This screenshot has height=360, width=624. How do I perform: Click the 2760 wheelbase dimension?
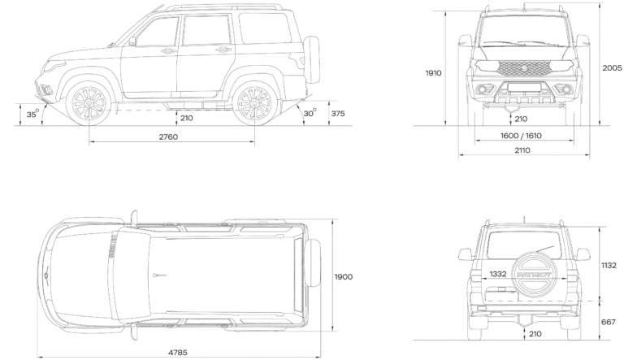point(168,137)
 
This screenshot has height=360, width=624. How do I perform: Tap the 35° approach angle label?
point(32,114)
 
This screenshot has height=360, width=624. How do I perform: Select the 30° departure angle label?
point(310,113)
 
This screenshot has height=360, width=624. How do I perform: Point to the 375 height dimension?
point(338,114)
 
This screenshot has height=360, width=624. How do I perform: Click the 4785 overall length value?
point(177,353)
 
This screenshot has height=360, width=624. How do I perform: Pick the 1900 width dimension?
point(344,277)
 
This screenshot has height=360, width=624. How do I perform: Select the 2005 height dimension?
point(612,68)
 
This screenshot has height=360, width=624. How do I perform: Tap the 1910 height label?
point(433,73)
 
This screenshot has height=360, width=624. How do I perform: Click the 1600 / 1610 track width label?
point(521,136)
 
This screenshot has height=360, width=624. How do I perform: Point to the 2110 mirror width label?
point(522,150)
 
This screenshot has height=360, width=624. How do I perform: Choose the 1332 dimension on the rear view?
point(498,274)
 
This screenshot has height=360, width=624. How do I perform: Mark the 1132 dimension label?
point(609,265)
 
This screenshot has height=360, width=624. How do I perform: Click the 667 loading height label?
point(609,322)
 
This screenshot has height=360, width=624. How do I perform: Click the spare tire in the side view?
point(311,59)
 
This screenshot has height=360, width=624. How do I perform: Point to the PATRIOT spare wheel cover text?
point(534,275)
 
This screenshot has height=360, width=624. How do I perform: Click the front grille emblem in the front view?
point(525,68)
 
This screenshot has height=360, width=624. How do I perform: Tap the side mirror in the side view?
point(132,41)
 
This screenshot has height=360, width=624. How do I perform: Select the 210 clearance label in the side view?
point(187,119)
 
